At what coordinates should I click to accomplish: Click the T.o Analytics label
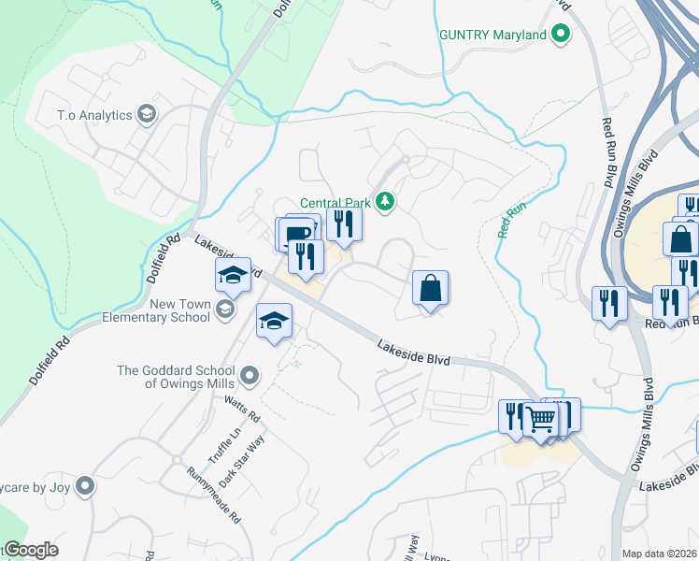pos(93,115)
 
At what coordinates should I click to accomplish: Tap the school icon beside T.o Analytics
pos(146,114)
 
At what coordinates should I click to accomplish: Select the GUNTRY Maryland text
pos(493,35)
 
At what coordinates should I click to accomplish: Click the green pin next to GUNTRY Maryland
pos(561,36)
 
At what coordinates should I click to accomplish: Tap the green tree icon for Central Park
pos(384,201)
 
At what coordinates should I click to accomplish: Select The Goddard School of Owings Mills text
pos(175,377)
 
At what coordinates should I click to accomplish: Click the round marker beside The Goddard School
pos(249,376)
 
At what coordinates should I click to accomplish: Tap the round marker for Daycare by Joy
pos(85,485)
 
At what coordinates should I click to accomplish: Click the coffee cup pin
pos(296,233)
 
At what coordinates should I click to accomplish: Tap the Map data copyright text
pos(659,554)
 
